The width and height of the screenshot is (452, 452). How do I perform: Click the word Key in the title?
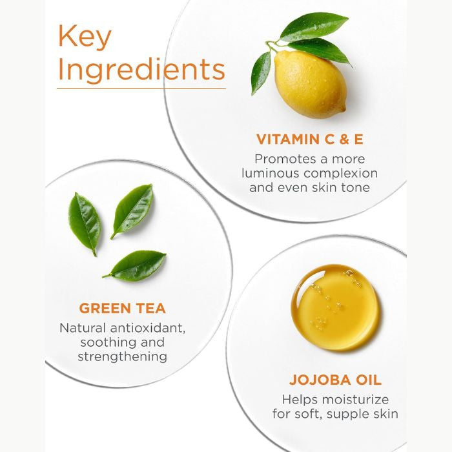[x=85, y=37]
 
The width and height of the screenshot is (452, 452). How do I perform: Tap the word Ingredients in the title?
[x=141, y=70]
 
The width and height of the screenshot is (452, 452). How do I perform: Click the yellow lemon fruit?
[x=311, y=85]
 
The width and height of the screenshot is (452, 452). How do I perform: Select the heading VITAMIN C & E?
[x=309, y=139]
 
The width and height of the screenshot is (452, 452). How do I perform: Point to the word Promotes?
[x=281, y=159]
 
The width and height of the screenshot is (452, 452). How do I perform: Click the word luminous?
[x=271, y=173]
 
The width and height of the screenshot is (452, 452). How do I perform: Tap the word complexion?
[x=340, y=174]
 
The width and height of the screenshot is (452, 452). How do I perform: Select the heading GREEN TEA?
[x=123, y=308]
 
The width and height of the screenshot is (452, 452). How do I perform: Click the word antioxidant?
[x=148, y=328]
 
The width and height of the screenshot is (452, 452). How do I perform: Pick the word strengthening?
[x=123, y=357]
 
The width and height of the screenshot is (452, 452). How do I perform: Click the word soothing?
[x=104, y=342]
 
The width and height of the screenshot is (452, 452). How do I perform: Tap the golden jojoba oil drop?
[x=335, y=307]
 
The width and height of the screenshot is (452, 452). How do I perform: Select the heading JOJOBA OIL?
[x=335, y=380]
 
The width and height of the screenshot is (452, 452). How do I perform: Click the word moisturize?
[x=355, y=400]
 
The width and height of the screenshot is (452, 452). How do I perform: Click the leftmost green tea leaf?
[x=85, y=223]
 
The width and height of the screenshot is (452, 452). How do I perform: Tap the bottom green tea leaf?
[x=134, y=265]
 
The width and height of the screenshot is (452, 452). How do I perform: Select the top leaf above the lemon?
[x=314, y=26]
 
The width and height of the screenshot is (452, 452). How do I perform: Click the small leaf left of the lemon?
[x=261, y=72]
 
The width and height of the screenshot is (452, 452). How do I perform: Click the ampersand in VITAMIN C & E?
[x=344, y=139]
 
